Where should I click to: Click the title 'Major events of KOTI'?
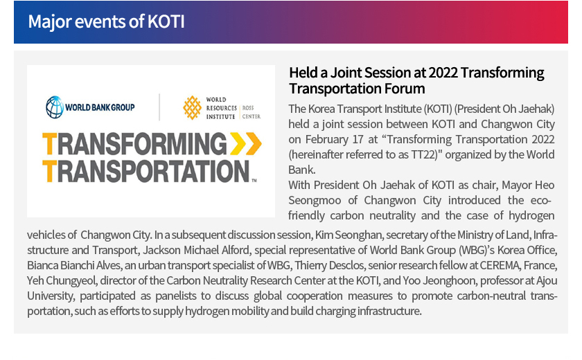click(x=106, y=21)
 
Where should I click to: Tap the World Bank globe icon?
click(x=55, y=107)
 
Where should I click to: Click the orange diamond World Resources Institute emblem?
click(x=193, y=108)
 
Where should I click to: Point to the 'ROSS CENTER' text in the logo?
click(x=252, y=112)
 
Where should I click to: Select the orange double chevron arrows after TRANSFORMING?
click(x=246, y=143)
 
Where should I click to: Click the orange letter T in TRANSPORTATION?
click(x=49, y=171)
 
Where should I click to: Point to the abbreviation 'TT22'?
click(x=423, y=154)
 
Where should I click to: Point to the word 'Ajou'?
click(x=547, y=280)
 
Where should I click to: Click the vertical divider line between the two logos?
click(x=159, y=107)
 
